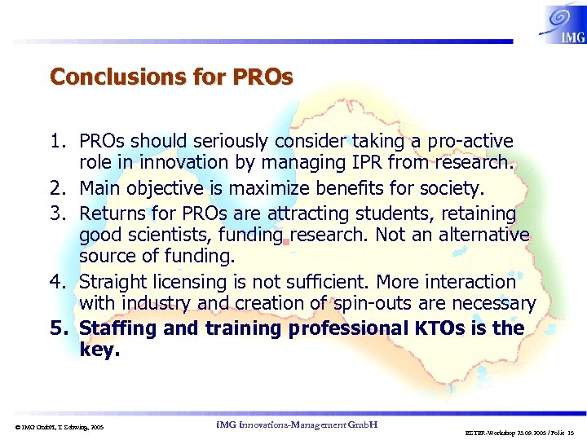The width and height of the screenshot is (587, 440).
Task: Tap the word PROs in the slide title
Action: (263, 77)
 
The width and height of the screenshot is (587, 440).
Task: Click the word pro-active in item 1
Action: (473, 143)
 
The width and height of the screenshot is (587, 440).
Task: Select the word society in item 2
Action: (452, 189)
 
